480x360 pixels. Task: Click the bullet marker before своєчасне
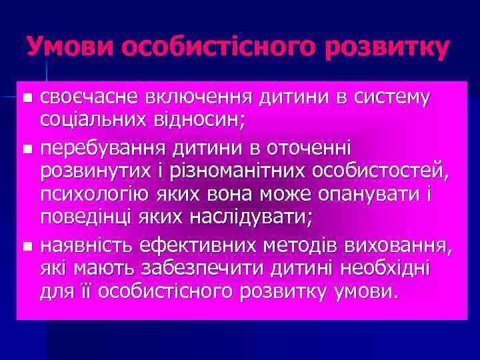coord(27,98)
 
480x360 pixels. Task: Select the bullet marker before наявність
coord(27,247)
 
